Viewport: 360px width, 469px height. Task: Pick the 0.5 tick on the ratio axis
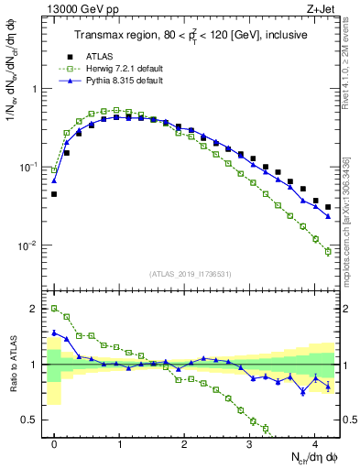(x=31, y=420)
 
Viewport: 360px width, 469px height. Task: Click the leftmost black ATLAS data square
(x=54, y=194)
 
